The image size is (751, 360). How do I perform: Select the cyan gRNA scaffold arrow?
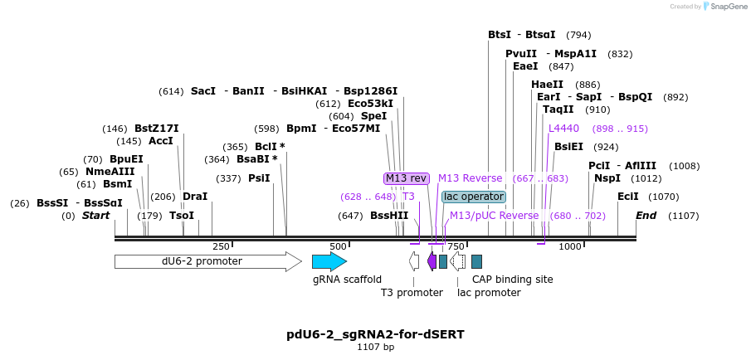[329, 261]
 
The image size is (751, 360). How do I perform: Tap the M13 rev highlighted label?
[406, 178]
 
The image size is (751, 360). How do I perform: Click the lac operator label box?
[474, 197]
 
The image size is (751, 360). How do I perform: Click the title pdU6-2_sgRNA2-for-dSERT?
[375, 334]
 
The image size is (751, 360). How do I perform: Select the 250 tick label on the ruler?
[221, 246]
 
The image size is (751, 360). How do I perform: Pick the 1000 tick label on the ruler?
[570, 246]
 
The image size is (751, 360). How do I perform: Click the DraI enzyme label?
[195, 197]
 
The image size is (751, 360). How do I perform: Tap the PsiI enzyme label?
[259, 178]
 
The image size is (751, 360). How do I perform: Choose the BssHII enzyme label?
[389, 216]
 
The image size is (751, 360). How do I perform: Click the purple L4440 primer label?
[563, 129]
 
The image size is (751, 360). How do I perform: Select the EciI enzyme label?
[628, 197]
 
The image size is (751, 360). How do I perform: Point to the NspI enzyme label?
[607, 178]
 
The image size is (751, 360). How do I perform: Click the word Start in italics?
[95, 216]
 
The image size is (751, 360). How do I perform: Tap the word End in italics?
[646, 216]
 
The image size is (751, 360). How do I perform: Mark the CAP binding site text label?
[512, 280]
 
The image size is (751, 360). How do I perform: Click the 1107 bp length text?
[375, 347]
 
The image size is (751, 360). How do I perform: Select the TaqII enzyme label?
[558, 109]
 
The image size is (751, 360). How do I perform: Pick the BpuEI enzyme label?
[126, 159]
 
